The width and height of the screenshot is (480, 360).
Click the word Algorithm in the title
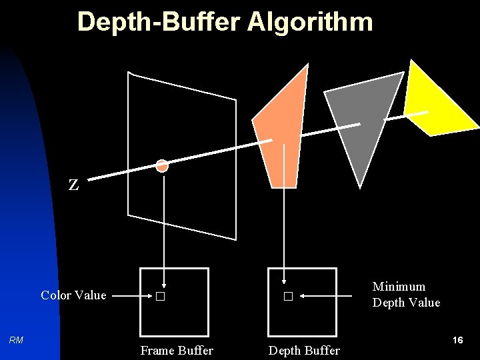pyautogui.click(x=310, y=22)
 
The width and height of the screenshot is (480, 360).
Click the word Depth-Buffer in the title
pyautogui.click(x=159, y=22)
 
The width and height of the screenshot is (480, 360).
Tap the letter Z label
pyautogui.click(x=73, y=185)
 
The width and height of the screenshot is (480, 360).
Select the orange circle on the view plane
pyautogui.click(x=162, y=165)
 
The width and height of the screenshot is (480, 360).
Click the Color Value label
pyautogui.click(x=73, y=295)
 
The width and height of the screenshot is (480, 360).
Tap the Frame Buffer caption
pyautogui.click(x=177, y=351)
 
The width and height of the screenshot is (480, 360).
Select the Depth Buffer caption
pyautogui.click(x=304, y=351)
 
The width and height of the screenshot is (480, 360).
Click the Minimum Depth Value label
pyautogui.click(x=406, y=295)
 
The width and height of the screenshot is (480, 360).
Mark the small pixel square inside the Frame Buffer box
pyautogui.click(x=159, y=297)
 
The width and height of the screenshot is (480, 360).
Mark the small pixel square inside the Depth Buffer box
pyautogui.click(x=287, y=297)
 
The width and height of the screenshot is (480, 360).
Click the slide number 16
pyautogui.click(x=457, y=341)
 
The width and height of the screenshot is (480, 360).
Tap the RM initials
pyautogui.click(x=16, y=341)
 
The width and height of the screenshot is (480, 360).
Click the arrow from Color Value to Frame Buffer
pyautogui.click(x=130, y=296)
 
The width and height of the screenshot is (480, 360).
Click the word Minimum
pyautogui.click(x=399, y=287)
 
